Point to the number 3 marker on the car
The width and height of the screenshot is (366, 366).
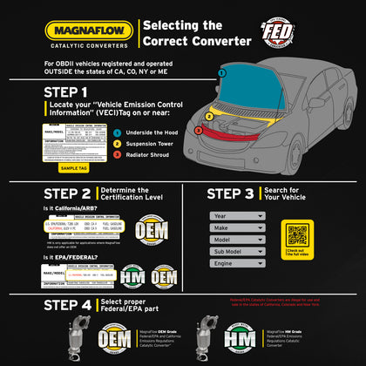pos(198,132)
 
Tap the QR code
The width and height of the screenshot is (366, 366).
pos(298,234)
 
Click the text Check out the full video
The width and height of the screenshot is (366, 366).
pos(298,254)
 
